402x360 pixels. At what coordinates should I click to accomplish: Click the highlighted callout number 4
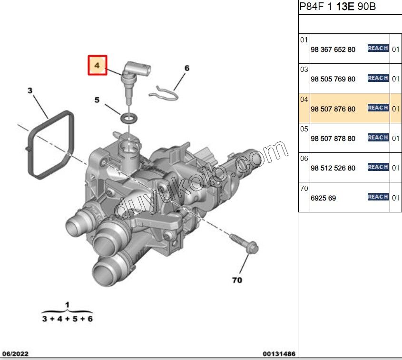tap(97, 65)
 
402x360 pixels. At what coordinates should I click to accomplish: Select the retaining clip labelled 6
tap(164, 94)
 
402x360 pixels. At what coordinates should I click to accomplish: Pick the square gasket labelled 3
tap(50, 145)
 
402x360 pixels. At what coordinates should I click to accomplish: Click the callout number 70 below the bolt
tap(237, 280)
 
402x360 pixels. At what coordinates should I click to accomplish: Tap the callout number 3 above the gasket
tap(30, 90)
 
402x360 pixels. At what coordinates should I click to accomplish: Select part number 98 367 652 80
tap(333, 50)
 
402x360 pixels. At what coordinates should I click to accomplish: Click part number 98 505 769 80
tap(333, 79)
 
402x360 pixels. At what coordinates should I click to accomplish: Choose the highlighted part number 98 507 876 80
tap(333, 109)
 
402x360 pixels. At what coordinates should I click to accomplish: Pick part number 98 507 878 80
tap(333, 139)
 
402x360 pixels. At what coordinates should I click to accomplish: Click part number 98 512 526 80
tap(333, 168)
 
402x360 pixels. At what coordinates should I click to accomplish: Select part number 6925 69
tap(324, 198)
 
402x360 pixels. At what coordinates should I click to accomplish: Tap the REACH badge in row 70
tap(378, 197)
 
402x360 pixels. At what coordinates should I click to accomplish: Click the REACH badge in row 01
tap(378, 48)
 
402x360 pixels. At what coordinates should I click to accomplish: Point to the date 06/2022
tap(15, 354)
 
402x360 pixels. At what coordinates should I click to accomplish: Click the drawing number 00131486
tap(279, 354)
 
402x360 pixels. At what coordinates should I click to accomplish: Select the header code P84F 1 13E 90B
tap(338, 6)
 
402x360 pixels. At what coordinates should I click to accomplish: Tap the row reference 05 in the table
tap(304, 129)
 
